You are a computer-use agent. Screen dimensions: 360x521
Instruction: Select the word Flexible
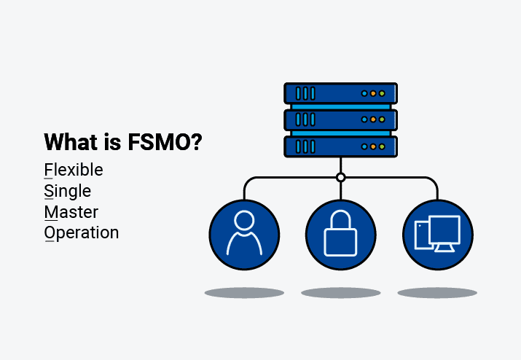coord(74,171)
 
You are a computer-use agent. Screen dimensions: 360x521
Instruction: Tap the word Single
coord(68,192)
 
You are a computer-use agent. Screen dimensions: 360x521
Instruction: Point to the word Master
coord(71,212)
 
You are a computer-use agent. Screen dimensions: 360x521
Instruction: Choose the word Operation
coord(82,233)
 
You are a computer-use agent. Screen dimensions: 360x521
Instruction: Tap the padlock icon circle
coord(340,235)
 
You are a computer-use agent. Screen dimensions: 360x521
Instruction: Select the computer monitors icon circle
coord(437,235)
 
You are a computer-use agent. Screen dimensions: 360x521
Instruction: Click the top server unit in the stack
coord(340,93)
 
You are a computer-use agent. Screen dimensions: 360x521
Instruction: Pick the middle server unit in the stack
coord(340,119)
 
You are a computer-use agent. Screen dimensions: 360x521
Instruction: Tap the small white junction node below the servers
coord(340,177)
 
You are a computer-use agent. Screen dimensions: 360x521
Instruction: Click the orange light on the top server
coord(373,94)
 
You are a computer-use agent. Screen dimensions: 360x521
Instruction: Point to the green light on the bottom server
coord(382,146)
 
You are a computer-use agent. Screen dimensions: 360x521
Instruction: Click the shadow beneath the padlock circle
coord(340,293)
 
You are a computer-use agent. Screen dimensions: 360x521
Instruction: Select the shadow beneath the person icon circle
coord(244,293)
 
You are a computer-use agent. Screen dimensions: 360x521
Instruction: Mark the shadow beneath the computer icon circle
coord(437,293)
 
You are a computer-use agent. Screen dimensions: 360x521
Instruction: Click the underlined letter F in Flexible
coord(49,171)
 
